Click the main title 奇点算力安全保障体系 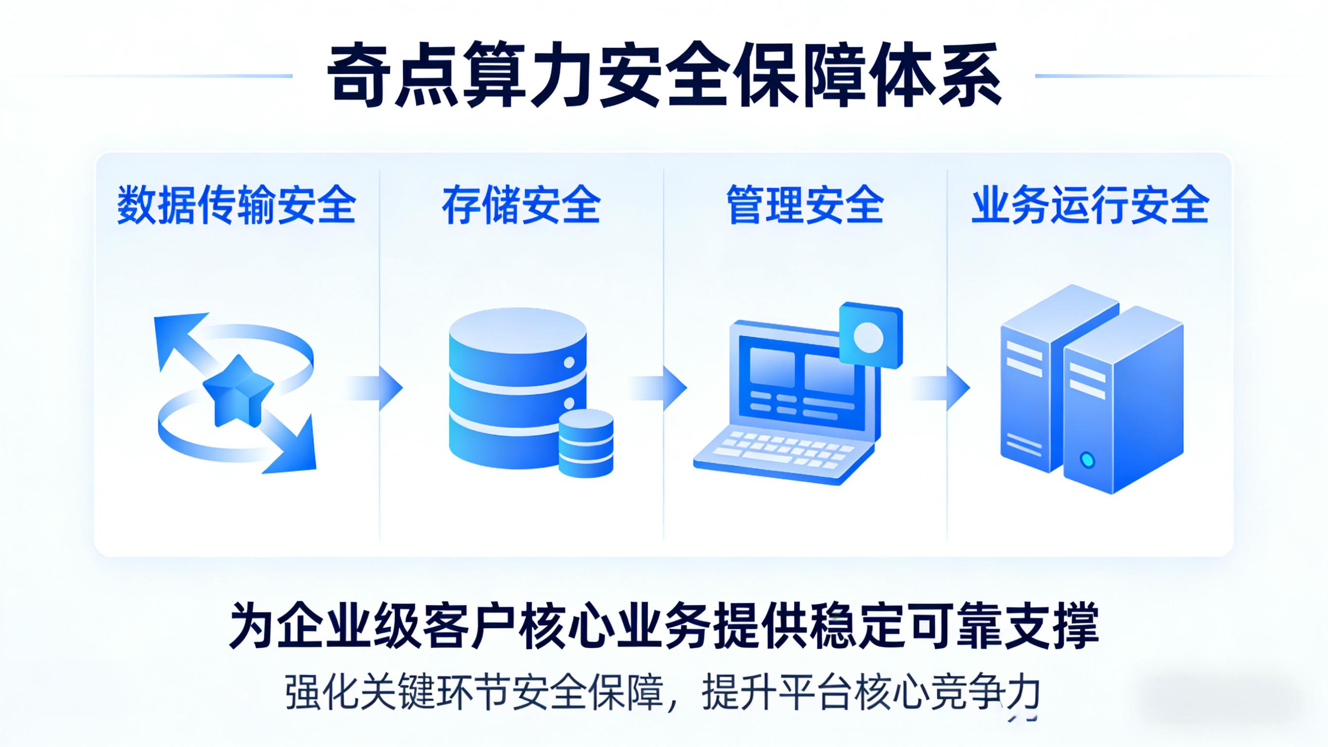tap(664, 76)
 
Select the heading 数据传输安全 tap(236, 205)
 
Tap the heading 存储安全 tap(521, 205)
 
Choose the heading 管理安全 tap(805, 205)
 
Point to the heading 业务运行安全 tap(1090, 205)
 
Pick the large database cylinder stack tap(510, 387)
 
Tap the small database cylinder tap(586, 444)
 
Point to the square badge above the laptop tap(871, 336)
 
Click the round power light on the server tap(1087, 459)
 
